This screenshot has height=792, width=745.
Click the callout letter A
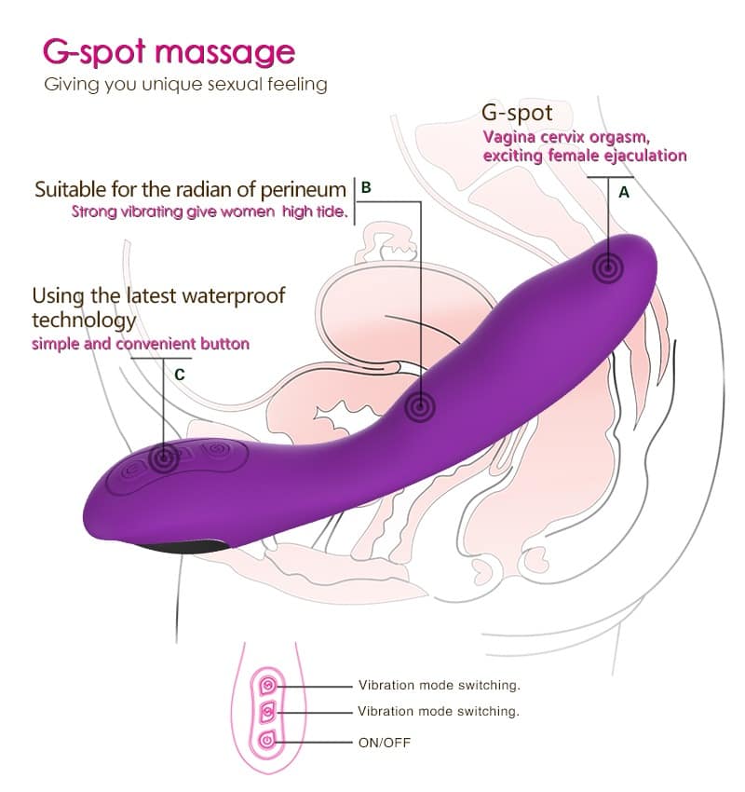(x=624, y=193)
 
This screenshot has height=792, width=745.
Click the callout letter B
(x=366, y=187)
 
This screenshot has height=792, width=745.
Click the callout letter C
(x=179, y=375)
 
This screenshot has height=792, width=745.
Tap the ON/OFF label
(x=385, y=743)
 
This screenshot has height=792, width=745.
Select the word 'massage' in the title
(x=224, y=52)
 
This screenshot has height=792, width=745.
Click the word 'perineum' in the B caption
(x=304, y=190)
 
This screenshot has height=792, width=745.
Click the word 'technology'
(x=85, y=321)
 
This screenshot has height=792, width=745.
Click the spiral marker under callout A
(x=608, y=267)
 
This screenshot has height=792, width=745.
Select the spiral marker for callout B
(x=420, y=406)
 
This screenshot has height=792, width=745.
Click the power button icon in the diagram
(x=267, y=741)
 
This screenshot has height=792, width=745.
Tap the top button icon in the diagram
(x=268, y=686)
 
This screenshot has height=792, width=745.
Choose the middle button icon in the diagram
(x=267, y=713)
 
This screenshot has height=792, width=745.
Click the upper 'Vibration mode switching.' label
(x=440, y=686)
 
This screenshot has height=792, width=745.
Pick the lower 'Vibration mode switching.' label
(x=439, y=711)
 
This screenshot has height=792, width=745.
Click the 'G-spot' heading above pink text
(x=517, y=113)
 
